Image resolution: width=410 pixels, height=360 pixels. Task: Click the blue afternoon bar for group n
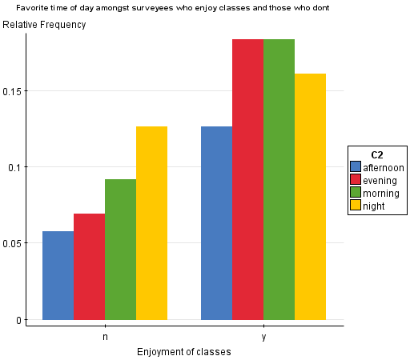pos(58,275)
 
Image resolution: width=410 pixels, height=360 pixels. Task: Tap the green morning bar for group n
pos(120,250)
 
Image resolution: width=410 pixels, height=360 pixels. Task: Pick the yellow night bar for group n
pos(151,223)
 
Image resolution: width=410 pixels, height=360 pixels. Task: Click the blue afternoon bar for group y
pos(216,223)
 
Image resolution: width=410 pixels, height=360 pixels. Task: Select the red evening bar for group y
pos(247,179)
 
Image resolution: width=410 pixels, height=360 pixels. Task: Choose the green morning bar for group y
pos(279,179)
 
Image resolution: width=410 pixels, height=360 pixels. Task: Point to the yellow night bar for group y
pos(310,197)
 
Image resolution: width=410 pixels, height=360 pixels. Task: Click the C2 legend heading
pos(376,154)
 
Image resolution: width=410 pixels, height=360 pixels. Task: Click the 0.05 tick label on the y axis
pos(12,243)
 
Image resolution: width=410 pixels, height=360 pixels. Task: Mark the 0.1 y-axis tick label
pos(15,167)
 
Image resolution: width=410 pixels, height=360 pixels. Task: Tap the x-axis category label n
pos(105,336)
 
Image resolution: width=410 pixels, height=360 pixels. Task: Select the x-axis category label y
pos(263,336)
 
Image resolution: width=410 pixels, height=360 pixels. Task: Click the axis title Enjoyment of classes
pos(184,351)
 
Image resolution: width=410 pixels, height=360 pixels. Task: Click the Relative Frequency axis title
pos(44,25)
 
